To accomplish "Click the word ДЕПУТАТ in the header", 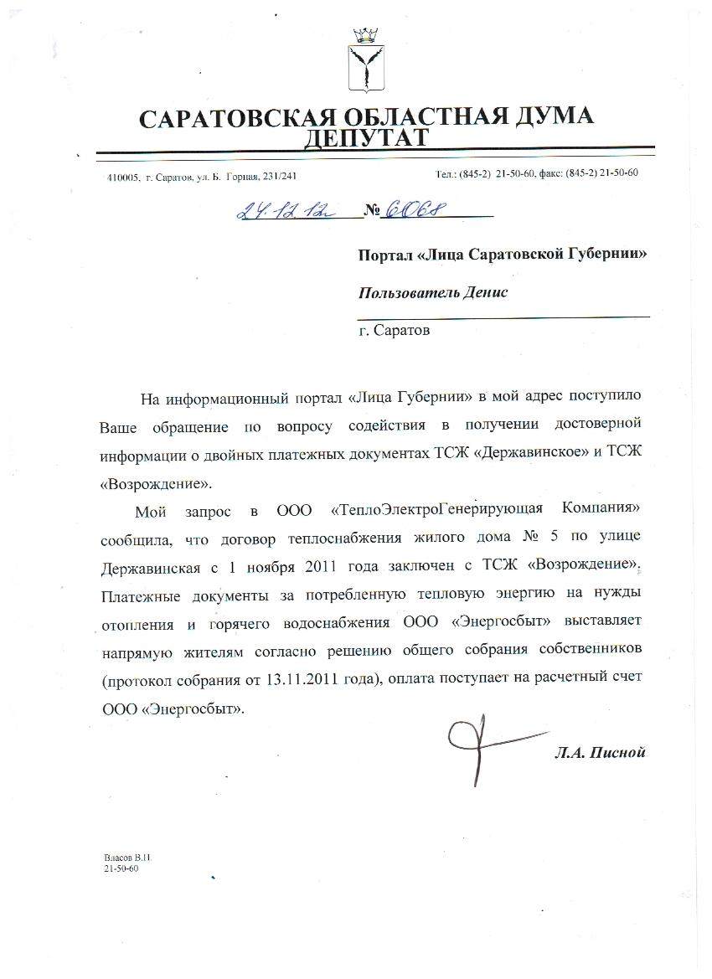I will (366, 138).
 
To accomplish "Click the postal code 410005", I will (122, 177).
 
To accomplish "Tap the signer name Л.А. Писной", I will (600, 752).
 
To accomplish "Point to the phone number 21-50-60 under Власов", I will (121, 870).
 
